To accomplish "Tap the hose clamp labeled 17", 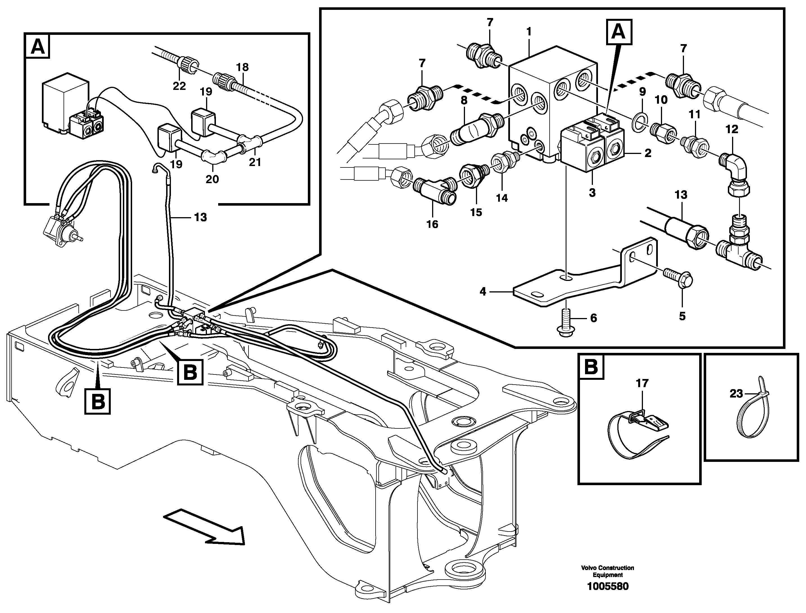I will click(x=637, y=432).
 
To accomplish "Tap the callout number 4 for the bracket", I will click(x=483, y=292).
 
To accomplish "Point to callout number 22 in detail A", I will click(x=179, y=86).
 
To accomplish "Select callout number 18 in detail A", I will click(x=242, y=67).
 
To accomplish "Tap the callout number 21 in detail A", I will click(x=255, y=162).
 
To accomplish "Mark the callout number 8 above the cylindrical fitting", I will click(x=464, y=100).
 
